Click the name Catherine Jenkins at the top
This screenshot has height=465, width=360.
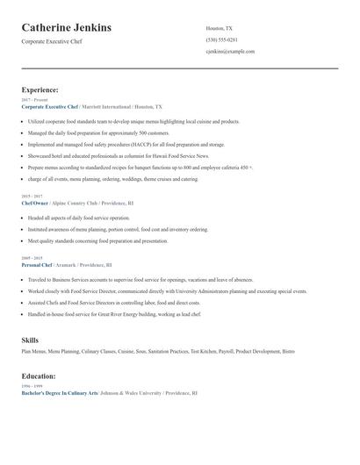point(67,28)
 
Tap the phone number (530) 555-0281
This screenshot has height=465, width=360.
point(220,39)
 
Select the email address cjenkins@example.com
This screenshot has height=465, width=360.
point(230,52)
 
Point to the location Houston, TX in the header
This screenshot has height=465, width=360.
point(220,28)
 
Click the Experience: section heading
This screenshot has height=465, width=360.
point(40,89)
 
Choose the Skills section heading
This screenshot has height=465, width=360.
point(30,339)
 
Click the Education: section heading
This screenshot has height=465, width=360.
point(40,376)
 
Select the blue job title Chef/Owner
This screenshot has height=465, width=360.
point(35,203)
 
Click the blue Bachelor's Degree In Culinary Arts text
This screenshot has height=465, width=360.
point(59,393)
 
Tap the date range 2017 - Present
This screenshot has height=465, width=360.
point(31,101)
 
